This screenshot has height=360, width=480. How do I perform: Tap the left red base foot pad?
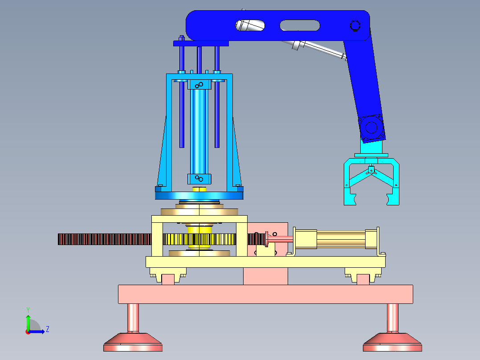pyautogui.click(x=133, y=342)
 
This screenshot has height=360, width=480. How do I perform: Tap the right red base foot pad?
pyautogui.click(x=392, y=342)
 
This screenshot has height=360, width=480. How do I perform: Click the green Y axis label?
pyautogui.click(x=28, y=310)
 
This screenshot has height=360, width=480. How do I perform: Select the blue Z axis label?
pyautogui.click(x=48, y=329)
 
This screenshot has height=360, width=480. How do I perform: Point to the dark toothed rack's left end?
pyautogui.click(x=58, y=239)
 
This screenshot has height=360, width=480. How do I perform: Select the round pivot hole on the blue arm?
pyautogui.click(x=355, y=25)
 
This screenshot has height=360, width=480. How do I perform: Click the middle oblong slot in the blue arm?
pyautogui.click(x=300, y=25)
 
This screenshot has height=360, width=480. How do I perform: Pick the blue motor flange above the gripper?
pyautogui.click(x=371, y=128)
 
